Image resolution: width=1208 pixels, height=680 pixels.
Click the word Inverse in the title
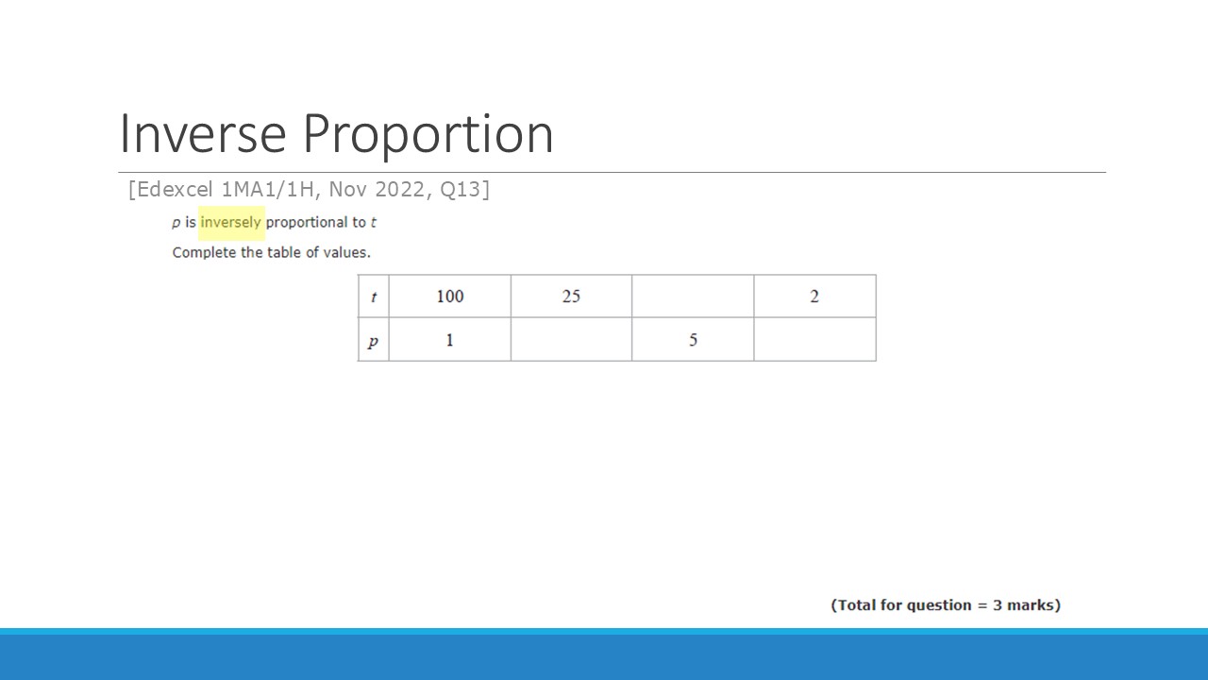coord(203,133)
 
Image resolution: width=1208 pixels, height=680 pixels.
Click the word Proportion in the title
coord(428,135)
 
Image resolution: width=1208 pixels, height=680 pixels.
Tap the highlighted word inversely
coord(231,222)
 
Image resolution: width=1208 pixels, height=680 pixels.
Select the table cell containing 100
coord(450,297)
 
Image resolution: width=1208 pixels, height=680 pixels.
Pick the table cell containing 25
coord(571,297)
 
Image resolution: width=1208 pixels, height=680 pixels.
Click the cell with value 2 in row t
coord(814,297)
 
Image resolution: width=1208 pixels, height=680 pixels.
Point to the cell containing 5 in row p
coord(693,339)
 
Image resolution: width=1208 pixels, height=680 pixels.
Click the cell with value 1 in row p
coord(450,339)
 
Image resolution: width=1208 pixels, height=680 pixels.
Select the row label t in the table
coord(374,297)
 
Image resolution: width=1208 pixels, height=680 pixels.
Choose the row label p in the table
coord(374,339)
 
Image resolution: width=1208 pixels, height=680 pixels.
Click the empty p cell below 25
coord(571,339)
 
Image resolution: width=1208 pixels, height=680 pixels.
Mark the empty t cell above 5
coord(693,297)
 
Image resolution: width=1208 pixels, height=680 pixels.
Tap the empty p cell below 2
coord(814,339)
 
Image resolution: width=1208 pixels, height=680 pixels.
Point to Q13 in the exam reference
coord(460,190)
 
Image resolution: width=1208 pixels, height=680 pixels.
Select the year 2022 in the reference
coord(399,190)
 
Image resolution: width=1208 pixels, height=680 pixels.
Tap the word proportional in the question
coord(307,223)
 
